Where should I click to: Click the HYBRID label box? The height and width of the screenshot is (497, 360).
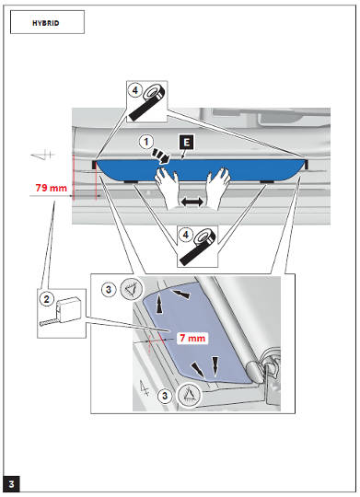[47, 22]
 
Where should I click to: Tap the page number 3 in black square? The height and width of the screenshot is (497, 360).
[11, 484]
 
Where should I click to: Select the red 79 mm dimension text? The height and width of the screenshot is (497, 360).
[51, 188]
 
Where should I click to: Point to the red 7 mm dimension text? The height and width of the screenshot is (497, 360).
[192, 338]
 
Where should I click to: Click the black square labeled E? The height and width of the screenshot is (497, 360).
[187, 143]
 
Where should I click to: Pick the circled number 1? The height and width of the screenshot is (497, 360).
[146, 142]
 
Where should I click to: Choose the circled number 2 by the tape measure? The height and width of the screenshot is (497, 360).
[47, 299]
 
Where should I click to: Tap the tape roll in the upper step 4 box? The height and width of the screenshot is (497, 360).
[145, 103]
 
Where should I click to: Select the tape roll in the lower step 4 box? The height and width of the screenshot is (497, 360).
[197, 248]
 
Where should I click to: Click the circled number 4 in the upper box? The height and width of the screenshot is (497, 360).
[134, 90]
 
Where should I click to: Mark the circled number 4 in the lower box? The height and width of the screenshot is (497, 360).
[186, 235]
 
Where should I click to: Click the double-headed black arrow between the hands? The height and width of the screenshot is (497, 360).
[192, 202]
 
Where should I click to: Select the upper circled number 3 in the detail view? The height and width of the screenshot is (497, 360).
[109, 289]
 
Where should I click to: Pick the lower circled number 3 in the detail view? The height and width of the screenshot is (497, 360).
[165, 396]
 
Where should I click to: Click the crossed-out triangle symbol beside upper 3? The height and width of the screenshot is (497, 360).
[132, 289]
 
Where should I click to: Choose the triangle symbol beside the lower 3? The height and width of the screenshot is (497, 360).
[189, 395]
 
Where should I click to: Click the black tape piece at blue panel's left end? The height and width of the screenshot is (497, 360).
[94, 165]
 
